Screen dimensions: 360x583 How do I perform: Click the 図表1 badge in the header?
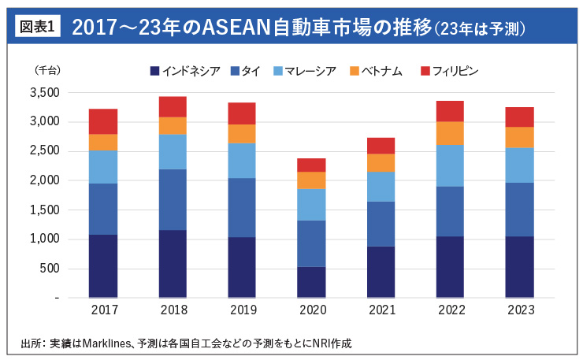click(36, 27)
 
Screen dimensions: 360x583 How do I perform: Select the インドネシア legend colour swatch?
click(154, 72)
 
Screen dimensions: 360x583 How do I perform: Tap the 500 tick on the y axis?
click(50, 269)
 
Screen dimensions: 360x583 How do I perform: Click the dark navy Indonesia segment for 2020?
click(311, 282)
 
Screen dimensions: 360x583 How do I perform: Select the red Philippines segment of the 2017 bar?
click(103, 121)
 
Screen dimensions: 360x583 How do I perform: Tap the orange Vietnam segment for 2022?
click(450, 133)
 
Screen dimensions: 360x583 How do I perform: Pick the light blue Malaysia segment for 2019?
click(242, 160)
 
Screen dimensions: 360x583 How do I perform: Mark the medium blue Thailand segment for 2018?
click(173, 199)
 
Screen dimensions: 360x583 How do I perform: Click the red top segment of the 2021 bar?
click(381, 146)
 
